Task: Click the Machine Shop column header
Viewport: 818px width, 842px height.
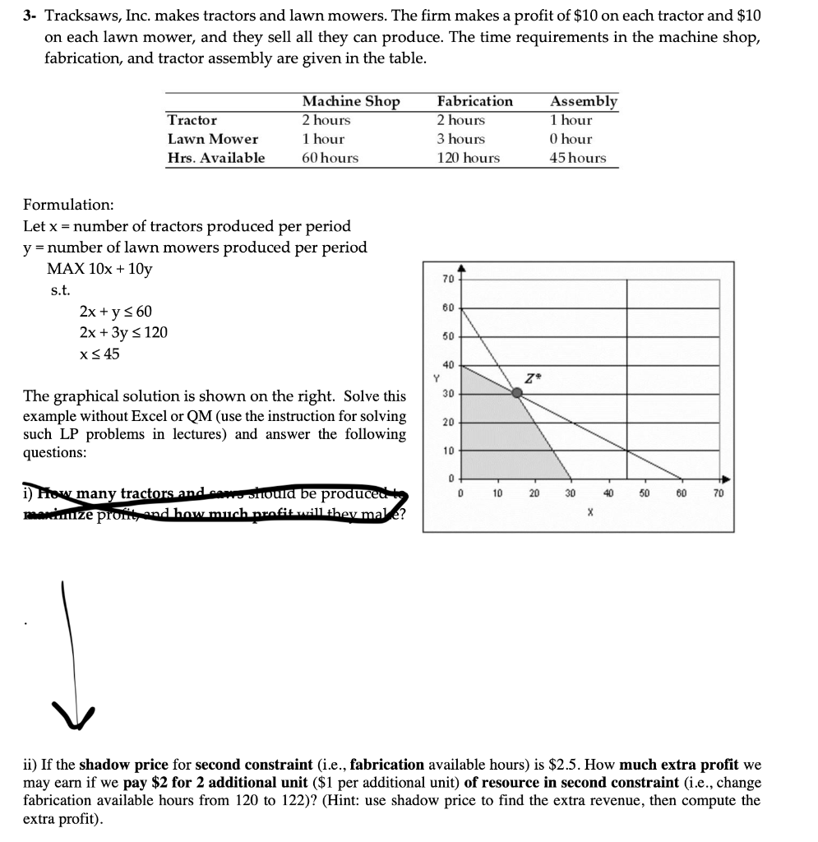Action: point(350,101)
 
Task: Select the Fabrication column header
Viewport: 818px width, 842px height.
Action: point(474,101)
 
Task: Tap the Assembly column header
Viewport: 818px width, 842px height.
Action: point(583,101)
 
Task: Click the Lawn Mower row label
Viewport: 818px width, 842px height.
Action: point(212,139)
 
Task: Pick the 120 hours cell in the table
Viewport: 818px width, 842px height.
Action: point(468,158)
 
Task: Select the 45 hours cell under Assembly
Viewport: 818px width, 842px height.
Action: point(578,158)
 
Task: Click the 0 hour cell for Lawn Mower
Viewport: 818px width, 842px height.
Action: point(571,139)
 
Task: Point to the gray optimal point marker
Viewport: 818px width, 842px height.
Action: point(517,393)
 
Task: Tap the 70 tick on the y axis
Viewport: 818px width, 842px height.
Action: point(447,280)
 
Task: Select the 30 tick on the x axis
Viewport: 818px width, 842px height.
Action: point(570,493)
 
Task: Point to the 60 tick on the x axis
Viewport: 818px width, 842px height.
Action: point(681,493)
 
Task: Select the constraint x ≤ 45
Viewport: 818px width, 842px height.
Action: point(99,354)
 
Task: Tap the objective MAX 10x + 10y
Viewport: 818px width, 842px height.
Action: point(99,269)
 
